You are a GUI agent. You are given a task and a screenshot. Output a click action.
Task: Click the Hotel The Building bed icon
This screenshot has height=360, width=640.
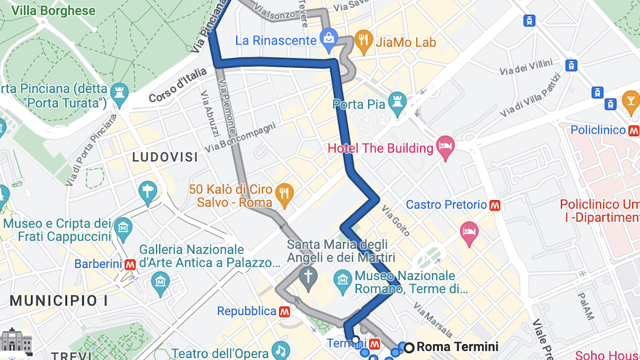[x=445, y=148]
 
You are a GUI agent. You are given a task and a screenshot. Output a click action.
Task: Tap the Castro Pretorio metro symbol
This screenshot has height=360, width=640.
[x=495, y=205]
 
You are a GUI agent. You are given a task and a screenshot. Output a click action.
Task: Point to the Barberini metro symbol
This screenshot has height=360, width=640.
[x=130, y=264]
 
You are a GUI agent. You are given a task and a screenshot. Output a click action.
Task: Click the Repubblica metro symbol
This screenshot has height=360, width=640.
[x=284, y=311]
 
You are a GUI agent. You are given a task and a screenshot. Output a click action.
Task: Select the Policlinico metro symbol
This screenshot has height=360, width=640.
[x=634, y=130]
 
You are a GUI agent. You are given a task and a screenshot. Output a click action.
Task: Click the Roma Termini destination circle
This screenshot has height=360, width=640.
[x=409, y=347]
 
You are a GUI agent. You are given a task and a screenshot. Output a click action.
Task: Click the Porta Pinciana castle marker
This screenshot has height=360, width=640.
[x=119, y=94]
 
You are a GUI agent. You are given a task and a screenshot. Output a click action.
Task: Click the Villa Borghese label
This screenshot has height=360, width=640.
[x=53, y=11]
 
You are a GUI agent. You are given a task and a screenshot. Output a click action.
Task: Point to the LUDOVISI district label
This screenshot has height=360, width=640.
[x=165, y=157]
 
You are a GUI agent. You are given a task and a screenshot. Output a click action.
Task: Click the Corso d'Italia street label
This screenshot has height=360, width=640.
[x=178, y=85]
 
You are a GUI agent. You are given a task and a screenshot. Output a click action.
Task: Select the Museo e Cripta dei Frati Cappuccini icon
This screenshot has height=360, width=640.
[x=124, y=228]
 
